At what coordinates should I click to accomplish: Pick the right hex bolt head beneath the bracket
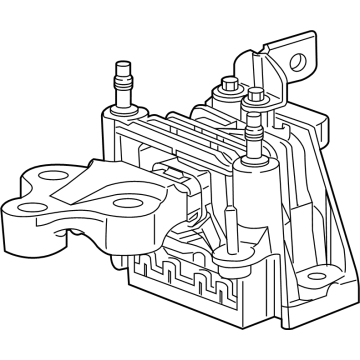pos(256,97)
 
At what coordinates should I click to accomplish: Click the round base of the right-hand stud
pos(254,161)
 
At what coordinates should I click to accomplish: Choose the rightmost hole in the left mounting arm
pos(123,206)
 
